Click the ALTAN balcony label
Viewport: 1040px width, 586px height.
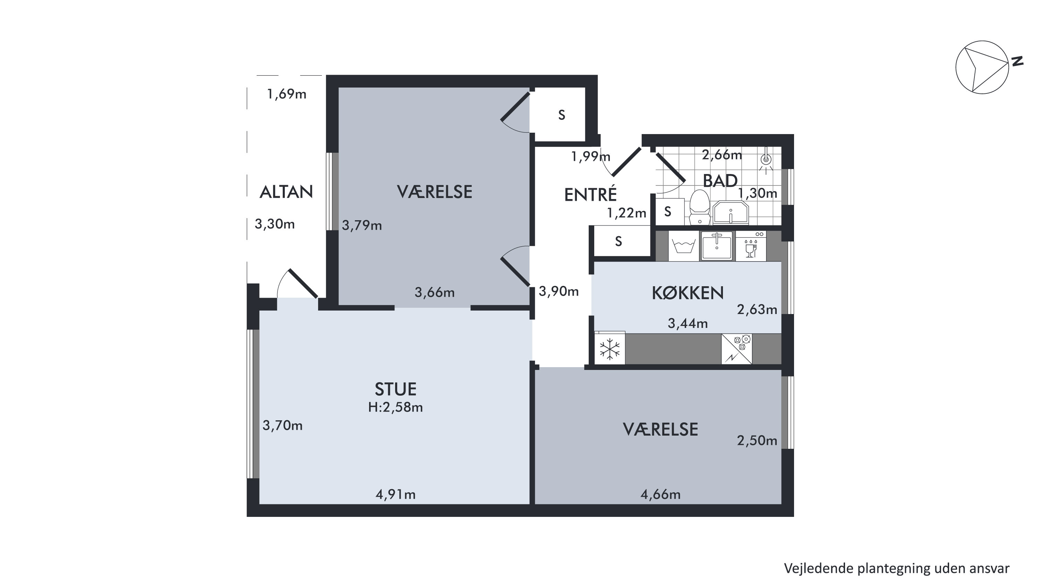286,192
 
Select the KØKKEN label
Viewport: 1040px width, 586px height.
688,293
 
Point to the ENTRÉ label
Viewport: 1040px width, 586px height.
590,195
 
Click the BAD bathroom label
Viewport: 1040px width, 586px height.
720,181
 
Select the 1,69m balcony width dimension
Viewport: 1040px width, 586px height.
287,94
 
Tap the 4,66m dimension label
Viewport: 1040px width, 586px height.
660,494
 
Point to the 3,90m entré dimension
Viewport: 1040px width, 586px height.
559,291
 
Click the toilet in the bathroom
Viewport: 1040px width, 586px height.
700,207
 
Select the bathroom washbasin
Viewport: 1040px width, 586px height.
731,213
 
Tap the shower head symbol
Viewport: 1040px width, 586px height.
766,160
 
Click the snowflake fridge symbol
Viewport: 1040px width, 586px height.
609,348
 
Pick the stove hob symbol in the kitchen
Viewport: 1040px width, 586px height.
736,349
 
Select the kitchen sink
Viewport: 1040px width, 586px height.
717,246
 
